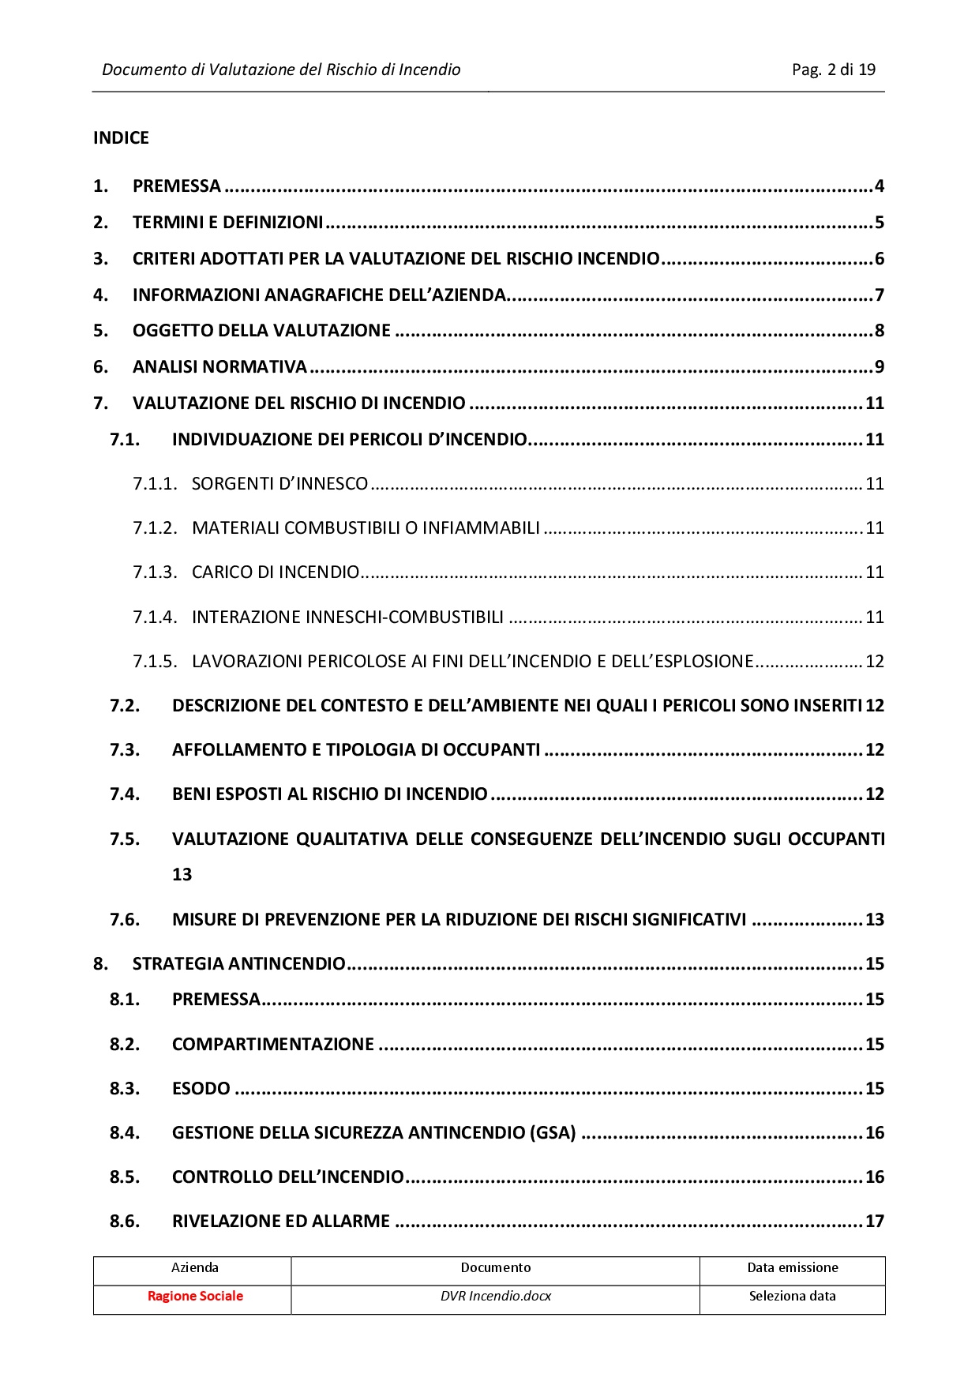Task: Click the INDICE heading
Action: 121,138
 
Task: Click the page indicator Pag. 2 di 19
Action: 833,69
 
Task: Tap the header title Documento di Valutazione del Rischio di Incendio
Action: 281,69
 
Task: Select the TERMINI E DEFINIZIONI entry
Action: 227,223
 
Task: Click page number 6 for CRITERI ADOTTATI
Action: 879,259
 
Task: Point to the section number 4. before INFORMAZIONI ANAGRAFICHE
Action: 100,295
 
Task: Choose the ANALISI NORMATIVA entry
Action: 219,367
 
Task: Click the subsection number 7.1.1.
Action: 155,484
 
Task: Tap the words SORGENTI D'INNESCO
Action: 279,484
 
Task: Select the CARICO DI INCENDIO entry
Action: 276,572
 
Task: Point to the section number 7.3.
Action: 125,750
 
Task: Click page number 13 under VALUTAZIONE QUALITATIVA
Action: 182,875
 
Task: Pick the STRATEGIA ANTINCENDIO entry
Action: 238,964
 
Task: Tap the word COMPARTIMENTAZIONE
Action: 272,1045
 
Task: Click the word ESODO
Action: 201,1089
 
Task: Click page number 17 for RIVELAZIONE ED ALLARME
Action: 874,1222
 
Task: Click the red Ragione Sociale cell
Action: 195,1297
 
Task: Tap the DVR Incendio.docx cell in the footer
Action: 495,1297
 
